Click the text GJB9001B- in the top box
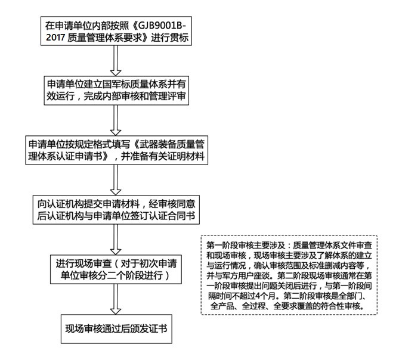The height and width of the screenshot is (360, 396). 162,26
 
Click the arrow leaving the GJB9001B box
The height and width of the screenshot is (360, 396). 116,61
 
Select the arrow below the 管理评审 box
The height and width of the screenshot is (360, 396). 116,120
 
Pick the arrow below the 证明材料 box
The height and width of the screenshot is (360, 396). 116,180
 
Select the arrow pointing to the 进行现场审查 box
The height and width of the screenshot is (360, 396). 116,240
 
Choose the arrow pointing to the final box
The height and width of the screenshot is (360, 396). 116,299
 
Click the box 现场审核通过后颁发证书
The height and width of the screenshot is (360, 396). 116,329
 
